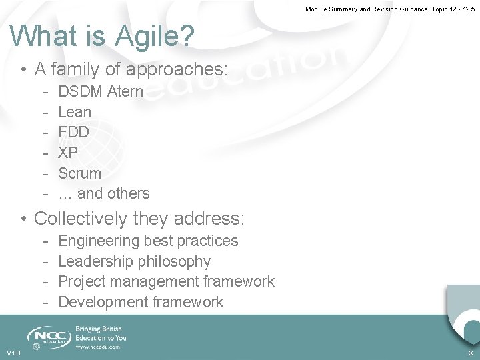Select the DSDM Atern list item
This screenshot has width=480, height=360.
tap(101, 91)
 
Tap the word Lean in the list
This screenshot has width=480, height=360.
tap(75, 112)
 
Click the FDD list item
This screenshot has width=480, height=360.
tap(73, 132)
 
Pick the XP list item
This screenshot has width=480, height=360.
tap(68, 153)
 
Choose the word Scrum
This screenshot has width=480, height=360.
tap(80, 173)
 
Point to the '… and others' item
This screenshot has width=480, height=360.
tap(104, 193)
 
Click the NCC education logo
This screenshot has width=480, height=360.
tap(49, 336)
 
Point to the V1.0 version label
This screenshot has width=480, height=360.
tap(13, 353)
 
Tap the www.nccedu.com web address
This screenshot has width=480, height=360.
tap(98, 347)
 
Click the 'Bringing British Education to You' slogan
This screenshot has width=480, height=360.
tap(101, 333)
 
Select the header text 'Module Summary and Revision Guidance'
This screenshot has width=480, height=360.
tap(367, 9)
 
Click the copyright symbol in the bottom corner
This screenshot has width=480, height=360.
tap(471, 353)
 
